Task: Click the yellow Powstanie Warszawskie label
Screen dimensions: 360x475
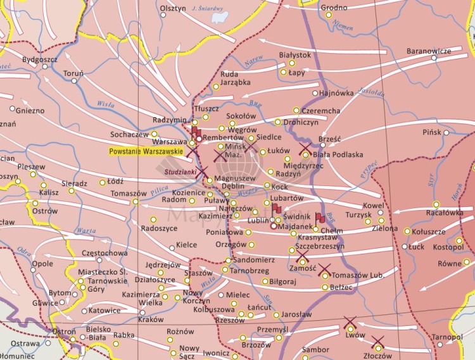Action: point(146,152)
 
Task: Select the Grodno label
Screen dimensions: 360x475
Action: point(334,8)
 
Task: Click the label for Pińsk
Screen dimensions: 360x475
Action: point(432,132)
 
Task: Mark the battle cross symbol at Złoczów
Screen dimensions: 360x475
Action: point(378,342)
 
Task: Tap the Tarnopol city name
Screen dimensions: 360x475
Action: point(448,338)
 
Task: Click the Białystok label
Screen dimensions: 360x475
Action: point(294,55)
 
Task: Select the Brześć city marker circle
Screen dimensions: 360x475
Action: point(322,145)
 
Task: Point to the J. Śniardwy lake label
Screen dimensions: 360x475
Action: point(210,8)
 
